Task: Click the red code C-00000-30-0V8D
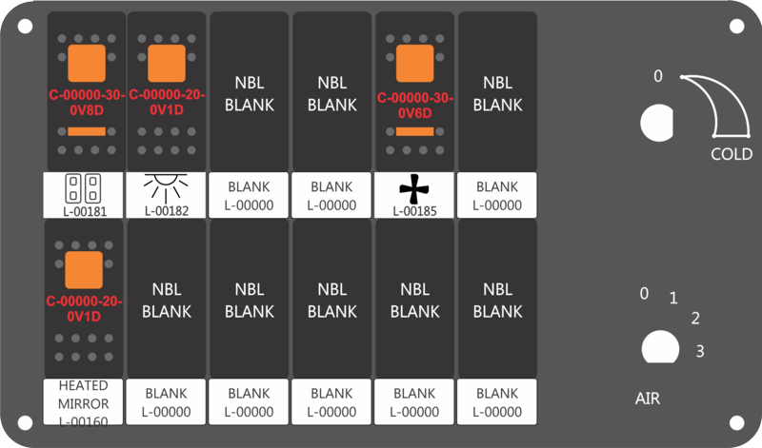(87, 103)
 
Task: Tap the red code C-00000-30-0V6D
(414, 106)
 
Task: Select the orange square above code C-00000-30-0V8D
(87, 63)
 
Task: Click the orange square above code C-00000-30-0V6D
(414, 63)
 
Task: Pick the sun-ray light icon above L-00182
(166, 188)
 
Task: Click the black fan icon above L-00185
(414, 189)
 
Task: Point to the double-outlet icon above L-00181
(83, 188)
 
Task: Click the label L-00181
(85, 211)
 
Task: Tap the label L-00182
(166, 211)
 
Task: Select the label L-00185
(414, 211)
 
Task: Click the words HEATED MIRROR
(83, 395)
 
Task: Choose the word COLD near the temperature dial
(732, 154)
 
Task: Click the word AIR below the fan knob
(648, 399)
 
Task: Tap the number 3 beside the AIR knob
(700, 351)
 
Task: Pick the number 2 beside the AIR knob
(695, 319)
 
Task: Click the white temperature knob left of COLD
(656, 124)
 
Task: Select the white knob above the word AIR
(660, 347)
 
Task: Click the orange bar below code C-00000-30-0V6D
(414, 131)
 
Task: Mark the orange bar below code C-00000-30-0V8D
(87, 131)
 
